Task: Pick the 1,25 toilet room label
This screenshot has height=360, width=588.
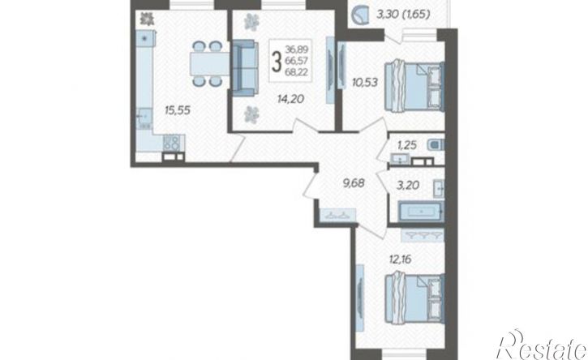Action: [407, 145]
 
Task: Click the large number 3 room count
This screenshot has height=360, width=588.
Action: [278, 60]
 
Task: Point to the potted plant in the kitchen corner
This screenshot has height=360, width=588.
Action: [146, 18]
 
